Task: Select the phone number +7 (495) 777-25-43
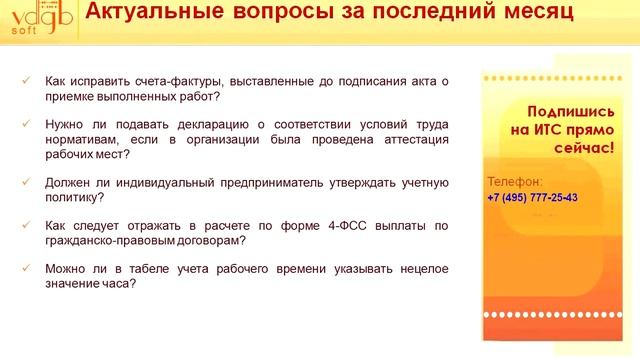[532, 197]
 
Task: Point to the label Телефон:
[515, 182]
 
